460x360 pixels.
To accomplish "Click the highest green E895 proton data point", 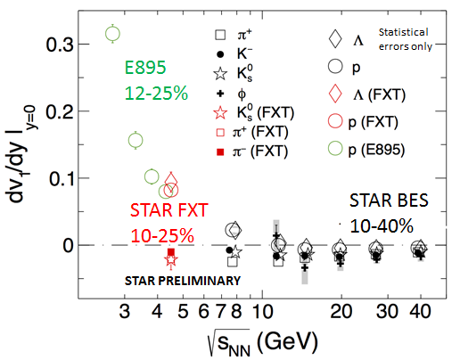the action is coord(112,34).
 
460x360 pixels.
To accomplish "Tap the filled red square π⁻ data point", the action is coord(171,252).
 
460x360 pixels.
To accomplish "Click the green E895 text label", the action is coord(145,68).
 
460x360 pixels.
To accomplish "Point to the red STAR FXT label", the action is coord(169,210).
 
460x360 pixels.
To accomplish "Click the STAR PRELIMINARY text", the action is coord(183,281).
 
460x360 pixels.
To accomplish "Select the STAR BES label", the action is coord(389,200).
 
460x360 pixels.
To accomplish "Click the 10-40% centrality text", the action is coord(382,225).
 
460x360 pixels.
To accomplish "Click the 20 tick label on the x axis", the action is coord(341,311).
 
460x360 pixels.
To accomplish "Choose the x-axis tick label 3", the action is coord(125,311).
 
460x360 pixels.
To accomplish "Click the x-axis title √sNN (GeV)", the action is coord(263,342).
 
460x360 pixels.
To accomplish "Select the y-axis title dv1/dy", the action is coord(21,154).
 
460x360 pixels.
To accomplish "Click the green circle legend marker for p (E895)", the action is coord(335,149).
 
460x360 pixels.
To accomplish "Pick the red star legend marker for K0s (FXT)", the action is coord(220,113).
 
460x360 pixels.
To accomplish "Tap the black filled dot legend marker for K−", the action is coord(220,54).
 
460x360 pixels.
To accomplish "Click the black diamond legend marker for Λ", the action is coord(335,38).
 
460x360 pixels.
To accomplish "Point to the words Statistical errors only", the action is coord(405,39).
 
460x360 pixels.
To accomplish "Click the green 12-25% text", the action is coord(156,94).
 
